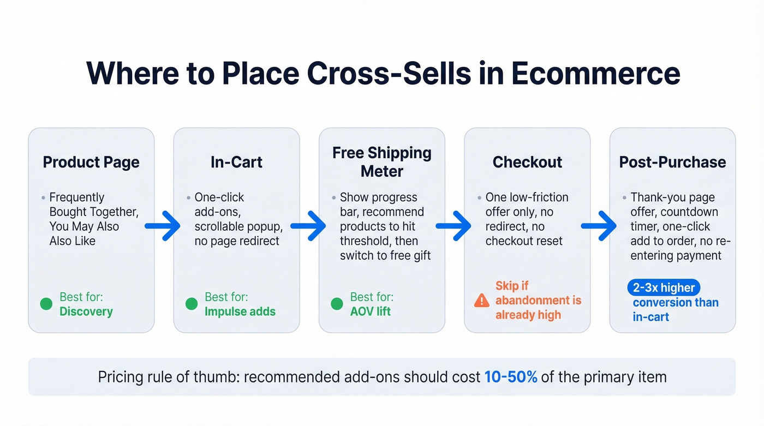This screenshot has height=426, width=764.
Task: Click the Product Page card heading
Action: tap(91, 162)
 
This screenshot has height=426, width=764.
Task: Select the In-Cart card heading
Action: tap(236, 162)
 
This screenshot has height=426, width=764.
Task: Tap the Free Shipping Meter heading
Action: tap(382, 162)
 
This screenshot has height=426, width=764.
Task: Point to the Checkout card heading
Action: tap(527, 162)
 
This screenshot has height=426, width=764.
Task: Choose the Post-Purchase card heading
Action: tap(672, 162)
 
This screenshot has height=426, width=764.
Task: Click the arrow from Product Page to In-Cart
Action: tap(163, 226)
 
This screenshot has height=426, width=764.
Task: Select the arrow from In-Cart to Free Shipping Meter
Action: tap(308, 226)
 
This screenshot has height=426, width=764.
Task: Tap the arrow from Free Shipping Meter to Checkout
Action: tap(454, 226)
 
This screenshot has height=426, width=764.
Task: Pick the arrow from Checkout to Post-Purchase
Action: tap(599, 226)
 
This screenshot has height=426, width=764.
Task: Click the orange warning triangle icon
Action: tap(482, 301)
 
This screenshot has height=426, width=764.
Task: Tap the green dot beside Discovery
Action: tap(46, 304)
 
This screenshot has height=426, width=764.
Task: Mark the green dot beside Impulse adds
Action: tap(192, 304)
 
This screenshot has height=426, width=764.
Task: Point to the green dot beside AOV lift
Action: tap(337, 304)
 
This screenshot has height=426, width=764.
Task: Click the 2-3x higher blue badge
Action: tap(663, 287)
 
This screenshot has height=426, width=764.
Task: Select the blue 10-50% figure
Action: tap(511, 377)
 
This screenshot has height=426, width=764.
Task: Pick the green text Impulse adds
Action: tap(240, 312)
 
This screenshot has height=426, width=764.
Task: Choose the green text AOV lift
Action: tap(371, 312)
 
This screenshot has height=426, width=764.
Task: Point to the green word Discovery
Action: tap(86, 312)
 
